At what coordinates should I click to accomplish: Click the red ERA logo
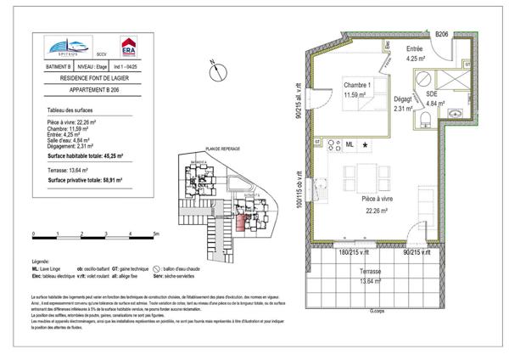(128, 46)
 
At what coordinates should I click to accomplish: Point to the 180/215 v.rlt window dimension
(355, 252)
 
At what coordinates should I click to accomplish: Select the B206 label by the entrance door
(442, 33)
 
